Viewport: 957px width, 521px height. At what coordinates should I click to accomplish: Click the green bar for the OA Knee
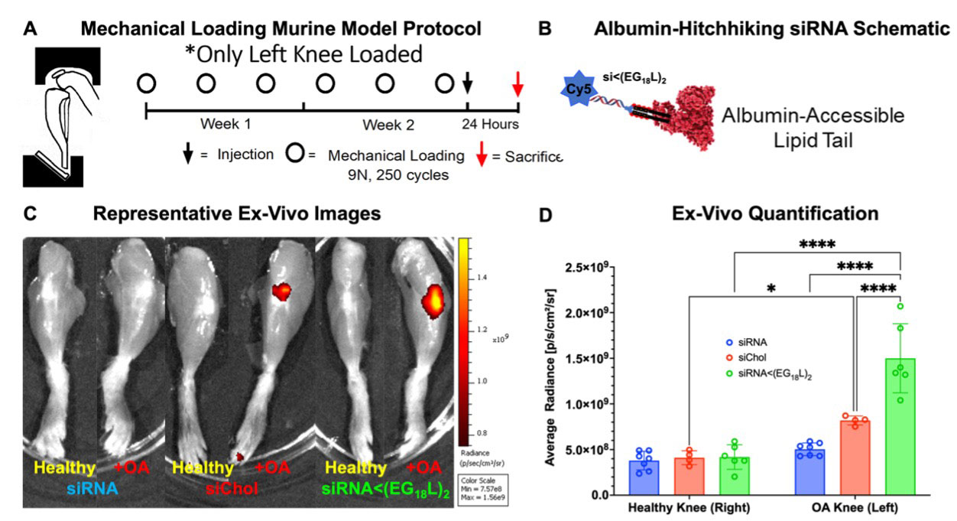(900, 428)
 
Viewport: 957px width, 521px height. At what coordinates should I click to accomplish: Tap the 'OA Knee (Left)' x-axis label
(857, 509)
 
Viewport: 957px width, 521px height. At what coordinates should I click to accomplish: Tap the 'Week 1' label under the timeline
(225, 124)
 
